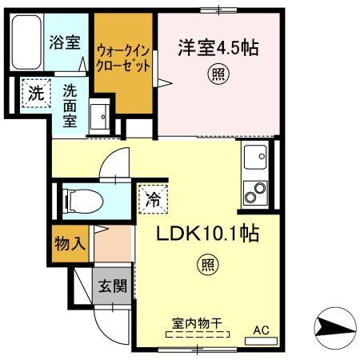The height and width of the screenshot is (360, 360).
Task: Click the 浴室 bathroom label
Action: tap(64, 42)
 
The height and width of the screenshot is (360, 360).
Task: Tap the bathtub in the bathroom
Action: tap(26, 42)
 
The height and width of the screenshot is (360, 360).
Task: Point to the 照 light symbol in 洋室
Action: tap(217, 75)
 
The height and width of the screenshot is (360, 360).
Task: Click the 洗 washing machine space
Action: tap(35, 93)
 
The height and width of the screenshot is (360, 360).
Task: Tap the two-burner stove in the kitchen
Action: tap(258, 193)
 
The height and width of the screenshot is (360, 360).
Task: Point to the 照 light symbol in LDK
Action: tap(206, 264)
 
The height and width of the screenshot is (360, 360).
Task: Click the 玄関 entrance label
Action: tap(111, 286)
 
